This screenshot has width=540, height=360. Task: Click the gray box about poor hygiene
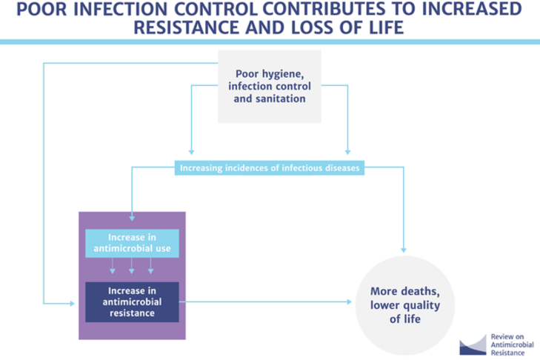click(270, 86)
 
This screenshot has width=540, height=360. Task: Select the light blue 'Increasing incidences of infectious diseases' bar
click(270, 168)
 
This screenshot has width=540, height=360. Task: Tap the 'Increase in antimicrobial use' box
click(131, 243)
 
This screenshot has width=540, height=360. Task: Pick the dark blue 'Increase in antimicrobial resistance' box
click(131, 301)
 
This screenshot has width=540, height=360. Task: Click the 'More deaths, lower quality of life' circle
click(404, 302)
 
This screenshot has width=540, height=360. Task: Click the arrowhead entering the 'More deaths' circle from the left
click(350, 302)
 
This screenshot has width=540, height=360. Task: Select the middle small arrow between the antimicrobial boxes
click(131, 271)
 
